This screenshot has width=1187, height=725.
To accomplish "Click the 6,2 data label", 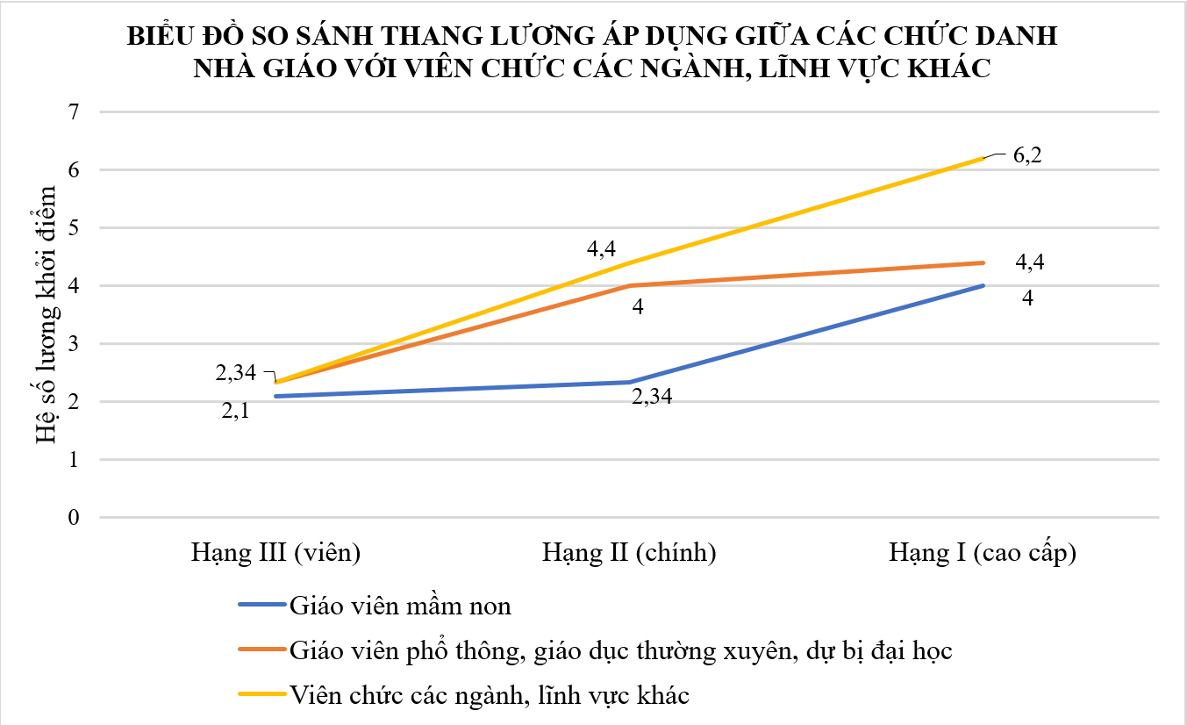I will click(1029, 158).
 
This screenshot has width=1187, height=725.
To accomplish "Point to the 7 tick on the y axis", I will click(73, 111).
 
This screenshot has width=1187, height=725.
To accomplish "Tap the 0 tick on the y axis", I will click(73, 517).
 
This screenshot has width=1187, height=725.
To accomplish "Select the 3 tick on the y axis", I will click(73, 343).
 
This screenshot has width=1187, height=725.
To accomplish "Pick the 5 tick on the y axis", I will click(73, 227).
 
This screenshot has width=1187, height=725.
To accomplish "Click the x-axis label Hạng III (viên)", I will click(276, 554).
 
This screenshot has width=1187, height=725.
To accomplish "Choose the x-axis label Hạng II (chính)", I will click(629, 554).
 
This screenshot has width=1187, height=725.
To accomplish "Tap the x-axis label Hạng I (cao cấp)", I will click(983, 554).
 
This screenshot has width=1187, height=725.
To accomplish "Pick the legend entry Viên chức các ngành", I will click(490, 695).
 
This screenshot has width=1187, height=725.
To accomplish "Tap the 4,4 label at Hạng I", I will click(1029, 262).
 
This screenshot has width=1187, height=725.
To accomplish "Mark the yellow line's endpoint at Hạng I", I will click(983, 158).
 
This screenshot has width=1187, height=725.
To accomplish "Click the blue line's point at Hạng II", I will click(629, 382).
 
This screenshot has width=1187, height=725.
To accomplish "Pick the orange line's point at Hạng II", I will click(629, 285).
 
